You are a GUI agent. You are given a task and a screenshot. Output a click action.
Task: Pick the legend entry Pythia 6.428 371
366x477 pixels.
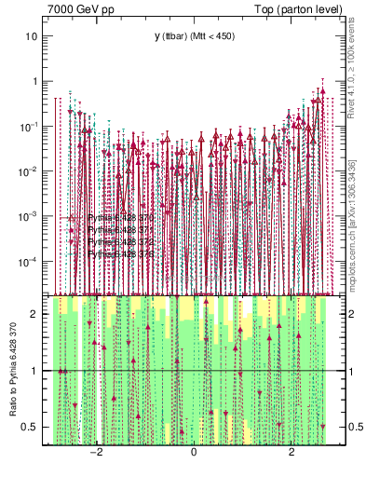[116, 229]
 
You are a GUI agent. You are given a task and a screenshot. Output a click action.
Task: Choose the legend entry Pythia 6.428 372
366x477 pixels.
[116, 241]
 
